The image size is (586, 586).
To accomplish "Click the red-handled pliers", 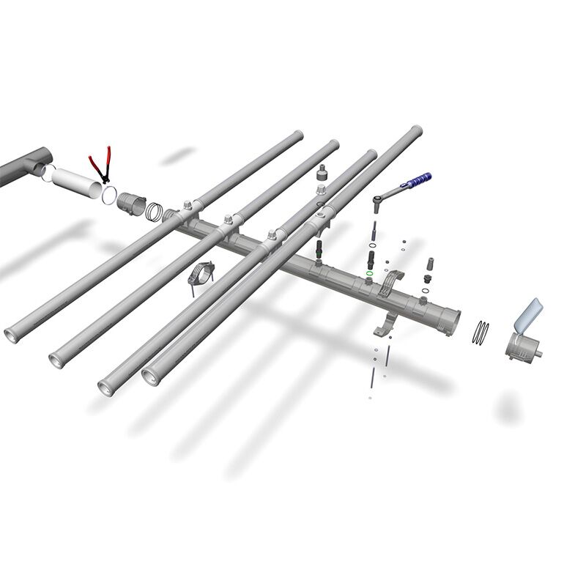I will pos(100,165).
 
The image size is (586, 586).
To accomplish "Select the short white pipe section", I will pos(78,183).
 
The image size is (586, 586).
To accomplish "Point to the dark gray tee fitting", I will pos(26,167).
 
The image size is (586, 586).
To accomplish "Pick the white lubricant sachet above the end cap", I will pos(529,316).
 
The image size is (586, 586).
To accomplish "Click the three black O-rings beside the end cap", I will pos(481,331).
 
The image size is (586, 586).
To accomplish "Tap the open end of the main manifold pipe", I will pos(453,320).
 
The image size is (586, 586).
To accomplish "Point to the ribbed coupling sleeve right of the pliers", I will pos(131,201).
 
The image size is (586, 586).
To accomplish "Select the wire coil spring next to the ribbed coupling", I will pos(155,212).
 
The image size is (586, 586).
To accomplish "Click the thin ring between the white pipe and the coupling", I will pos(109,194).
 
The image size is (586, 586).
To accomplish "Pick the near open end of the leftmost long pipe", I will pos(13,335).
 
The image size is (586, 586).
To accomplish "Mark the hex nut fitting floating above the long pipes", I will pos(322,174).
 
